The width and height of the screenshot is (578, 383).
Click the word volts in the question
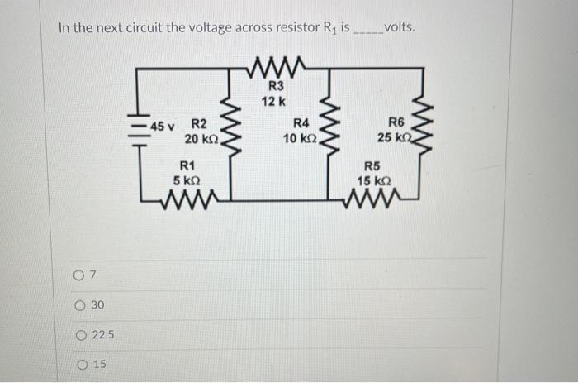click(x=400, y=26)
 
